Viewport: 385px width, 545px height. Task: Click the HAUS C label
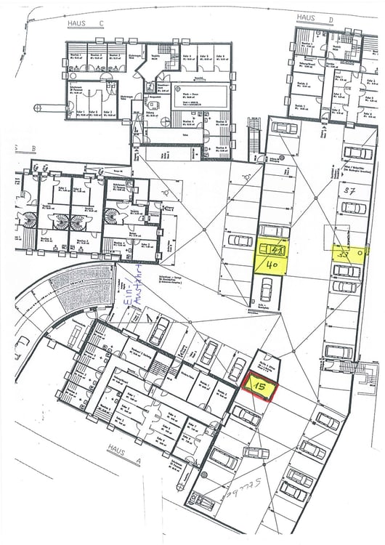point(86,23)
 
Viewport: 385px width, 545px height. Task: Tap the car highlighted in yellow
point(272,249)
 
